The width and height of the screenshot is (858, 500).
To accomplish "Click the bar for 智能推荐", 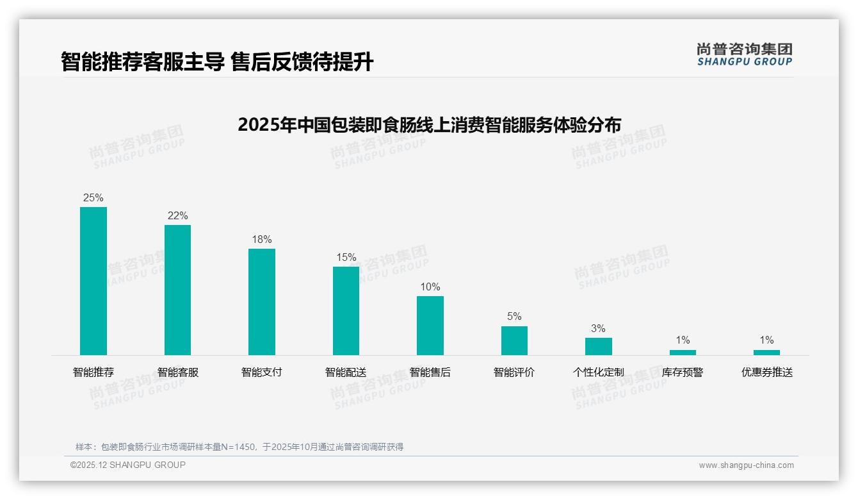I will [x=93, y=281].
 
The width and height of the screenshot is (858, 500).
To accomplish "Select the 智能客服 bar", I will [x=177, y=290].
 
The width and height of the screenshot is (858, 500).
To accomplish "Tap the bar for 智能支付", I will [x=262, y=302].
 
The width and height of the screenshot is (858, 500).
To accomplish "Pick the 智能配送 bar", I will [x=346, y=311].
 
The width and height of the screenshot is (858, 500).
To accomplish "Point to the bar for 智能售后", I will [x=430, y=326].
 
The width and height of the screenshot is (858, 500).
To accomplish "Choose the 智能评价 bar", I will [x=514, y=340].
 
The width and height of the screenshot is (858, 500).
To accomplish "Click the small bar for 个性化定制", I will [x=598, y=346].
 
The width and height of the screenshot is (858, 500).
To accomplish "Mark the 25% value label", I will [x=93, y=197].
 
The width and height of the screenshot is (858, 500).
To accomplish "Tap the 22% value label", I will [x=177, y=215].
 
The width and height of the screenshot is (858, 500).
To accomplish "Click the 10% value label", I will [x=430, y=287].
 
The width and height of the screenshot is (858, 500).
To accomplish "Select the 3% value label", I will [x=598, y=328].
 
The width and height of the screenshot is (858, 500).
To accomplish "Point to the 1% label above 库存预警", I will [x=683, y=340].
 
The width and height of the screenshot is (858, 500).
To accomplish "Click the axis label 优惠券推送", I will [x=766, y=372].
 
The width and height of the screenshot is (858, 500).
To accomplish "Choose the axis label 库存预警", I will [x=683, y=372].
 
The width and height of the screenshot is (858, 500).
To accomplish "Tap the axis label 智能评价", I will [x=514, y=372].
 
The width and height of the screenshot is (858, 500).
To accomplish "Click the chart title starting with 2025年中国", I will [x=429, y=124].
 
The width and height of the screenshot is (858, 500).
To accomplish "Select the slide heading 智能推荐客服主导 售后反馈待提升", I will [x=217, y=62].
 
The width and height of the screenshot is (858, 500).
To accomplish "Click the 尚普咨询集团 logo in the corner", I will [x=744, y=54].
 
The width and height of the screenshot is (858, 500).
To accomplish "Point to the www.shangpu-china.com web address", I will [x=746, y=465].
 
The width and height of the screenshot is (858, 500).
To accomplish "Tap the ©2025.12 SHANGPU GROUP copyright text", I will [x=128, y=465].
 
